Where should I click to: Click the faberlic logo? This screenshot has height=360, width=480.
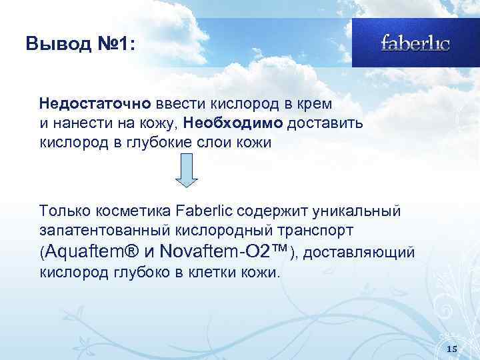(415, 43)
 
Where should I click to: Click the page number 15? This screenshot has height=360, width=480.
(451, 349)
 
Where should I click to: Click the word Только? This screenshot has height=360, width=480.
(65, 211)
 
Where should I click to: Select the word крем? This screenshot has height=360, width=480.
(318, 105)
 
